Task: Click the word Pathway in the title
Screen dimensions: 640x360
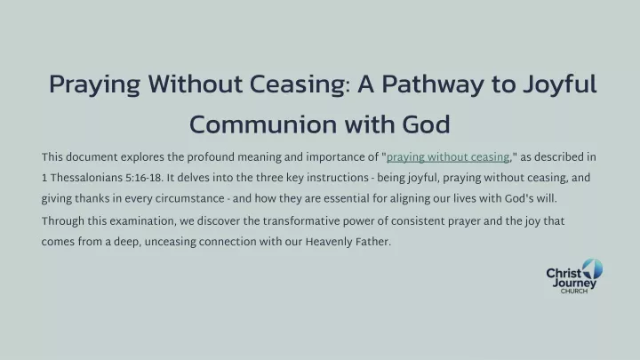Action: click(433, 84)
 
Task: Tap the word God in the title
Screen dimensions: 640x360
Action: click(426, 124)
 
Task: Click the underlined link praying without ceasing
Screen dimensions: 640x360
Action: click(448, 157)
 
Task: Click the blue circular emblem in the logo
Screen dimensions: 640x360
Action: click(593, 269)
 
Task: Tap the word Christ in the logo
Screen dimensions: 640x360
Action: click(564, 273)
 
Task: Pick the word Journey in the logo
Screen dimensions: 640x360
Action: click(574, 284)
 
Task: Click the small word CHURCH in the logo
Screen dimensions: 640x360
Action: click(574, 291)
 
